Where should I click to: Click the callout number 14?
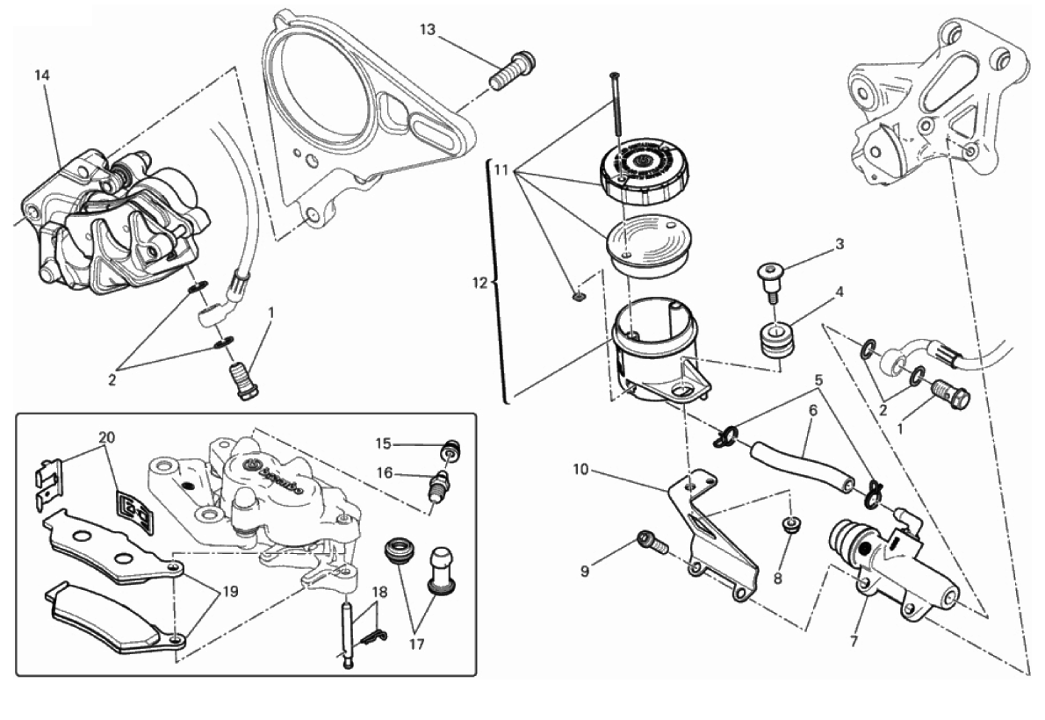[42, 75]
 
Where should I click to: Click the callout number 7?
[853, 641]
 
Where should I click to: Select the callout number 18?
[378, 593]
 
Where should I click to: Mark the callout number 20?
[106, 437]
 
